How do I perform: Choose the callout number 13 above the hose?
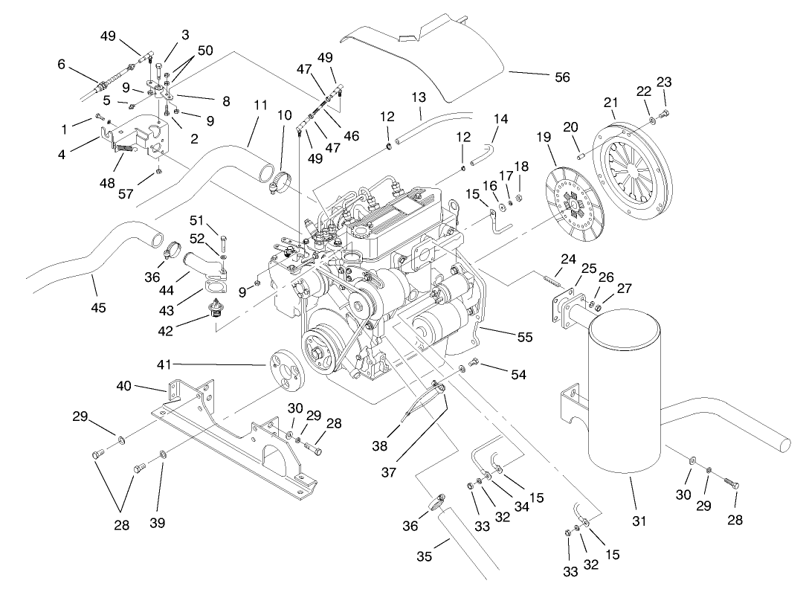tap(419, 97)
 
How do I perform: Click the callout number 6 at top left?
tap(62, 64)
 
